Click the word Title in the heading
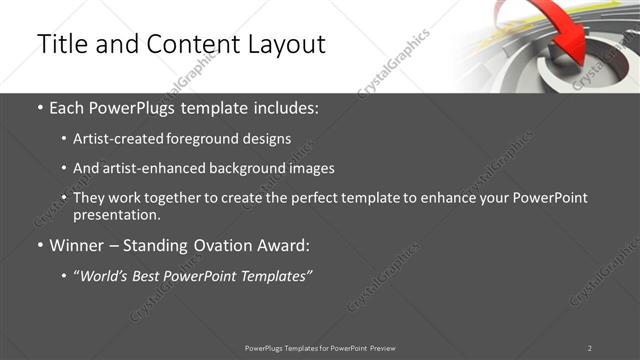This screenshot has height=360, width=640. (x=63, y=45)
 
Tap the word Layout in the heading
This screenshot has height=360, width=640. (x=283, y=45)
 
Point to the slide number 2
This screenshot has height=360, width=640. (x=590, y=348)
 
